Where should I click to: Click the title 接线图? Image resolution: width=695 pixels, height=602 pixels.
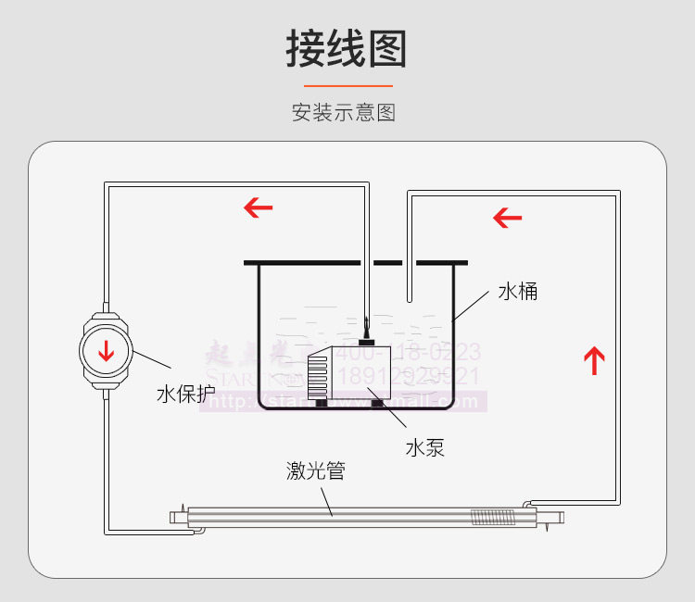[x=347, y=49]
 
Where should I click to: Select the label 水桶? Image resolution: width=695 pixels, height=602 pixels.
[x=517, y=292]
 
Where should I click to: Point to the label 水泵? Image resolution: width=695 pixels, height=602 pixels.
[x=424, y=447]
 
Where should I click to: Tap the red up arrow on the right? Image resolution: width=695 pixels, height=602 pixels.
[x=594, y=359]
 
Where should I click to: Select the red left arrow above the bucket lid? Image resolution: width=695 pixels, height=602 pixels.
[x=259, y=207]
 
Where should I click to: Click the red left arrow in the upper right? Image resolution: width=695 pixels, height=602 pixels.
[x=507, y=219]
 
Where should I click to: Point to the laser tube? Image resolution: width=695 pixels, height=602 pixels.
[x=352, y=514]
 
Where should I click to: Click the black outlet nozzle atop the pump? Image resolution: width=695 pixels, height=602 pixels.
[x=369, y=330]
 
